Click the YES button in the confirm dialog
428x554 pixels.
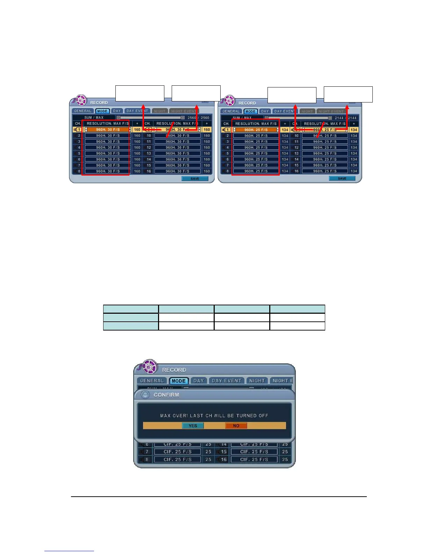[193, 426]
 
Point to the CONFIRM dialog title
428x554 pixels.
[166, 395]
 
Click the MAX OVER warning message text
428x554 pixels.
[214, 415]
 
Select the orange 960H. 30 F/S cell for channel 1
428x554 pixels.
[108, 130]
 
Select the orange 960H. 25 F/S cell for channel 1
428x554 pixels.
[256, 130]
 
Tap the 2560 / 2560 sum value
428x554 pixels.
[198, 118]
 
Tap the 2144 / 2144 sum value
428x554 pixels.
[345, 118]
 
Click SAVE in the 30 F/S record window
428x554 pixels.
[195, 179]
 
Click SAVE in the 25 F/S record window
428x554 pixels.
[342, 178]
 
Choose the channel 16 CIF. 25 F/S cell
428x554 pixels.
[254, 460]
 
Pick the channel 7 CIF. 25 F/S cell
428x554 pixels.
[177, 452]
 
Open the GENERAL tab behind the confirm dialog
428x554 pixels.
[152, 381]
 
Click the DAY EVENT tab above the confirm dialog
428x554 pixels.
[227, 381]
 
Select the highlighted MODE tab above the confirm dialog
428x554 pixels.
[178, 381]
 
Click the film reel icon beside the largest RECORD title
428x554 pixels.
[150, 367]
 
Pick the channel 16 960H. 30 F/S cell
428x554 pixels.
[177, 171]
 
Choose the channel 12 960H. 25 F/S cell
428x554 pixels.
[325, 148]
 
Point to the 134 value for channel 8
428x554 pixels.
[285, 171]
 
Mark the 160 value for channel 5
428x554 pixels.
[137, 154]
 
